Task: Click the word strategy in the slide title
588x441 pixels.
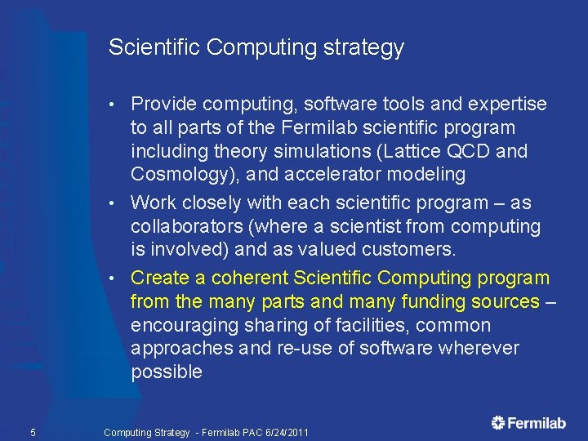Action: click(x=365, y=48)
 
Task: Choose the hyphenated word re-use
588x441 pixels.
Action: click(x=302, y=349)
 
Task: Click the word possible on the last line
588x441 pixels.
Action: click(x=166, y=372)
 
